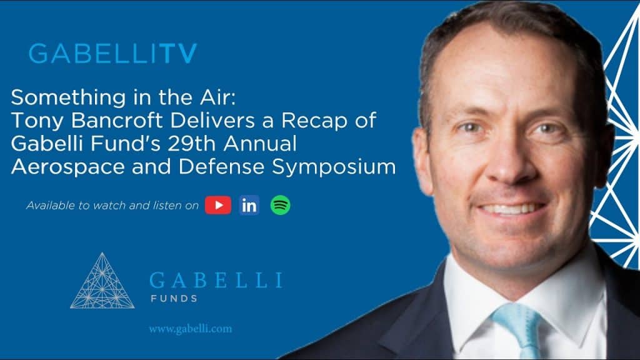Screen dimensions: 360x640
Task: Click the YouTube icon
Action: click(x=218, y=205)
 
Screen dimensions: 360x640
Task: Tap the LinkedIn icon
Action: click(x=249, y=205)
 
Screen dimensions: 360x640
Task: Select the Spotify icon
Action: click(x=280, y=205)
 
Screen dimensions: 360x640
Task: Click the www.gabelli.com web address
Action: click(x=190, y=329)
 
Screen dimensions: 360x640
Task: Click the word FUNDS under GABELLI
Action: click(x=174, y=298)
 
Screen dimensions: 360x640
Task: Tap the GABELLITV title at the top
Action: click(x=113, y=54)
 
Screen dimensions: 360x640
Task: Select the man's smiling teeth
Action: click(x=512, y=209)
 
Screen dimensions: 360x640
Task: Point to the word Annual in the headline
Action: click(x=259, y=144)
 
